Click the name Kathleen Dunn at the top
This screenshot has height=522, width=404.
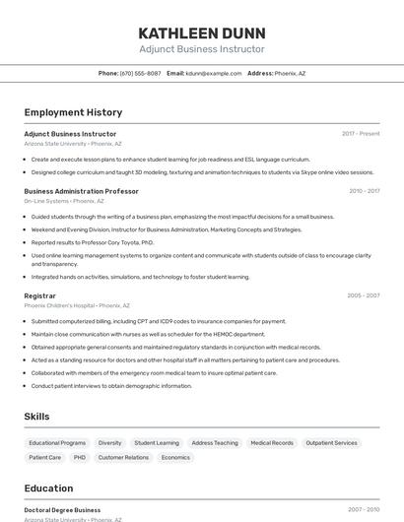coord(201,32)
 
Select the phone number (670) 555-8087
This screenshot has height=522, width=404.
coord(141,73)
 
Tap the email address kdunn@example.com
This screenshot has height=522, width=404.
coord(213,73)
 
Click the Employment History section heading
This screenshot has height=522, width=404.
coord(73,113)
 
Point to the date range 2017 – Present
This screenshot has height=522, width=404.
coord(361,133)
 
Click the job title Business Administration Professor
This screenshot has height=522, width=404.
coord(81,191)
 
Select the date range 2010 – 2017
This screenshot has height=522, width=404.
coord(364,191)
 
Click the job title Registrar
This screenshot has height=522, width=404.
coord(39,295)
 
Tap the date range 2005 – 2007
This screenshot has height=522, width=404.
coord(363,295)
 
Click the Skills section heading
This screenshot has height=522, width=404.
coord(36,417)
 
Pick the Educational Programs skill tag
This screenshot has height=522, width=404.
coord(57,443)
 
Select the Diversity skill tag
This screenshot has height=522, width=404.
coord(109,443)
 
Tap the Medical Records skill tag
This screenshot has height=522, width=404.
coord(271,443)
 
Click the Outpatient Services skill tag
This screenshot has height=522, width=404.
coord(331,443)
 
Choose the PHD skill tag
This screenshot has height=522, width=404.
coord(80,458)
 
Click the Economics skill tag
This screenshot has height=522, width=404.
coord(175,458)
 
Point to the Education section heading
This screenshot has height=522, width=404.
coord(48,489)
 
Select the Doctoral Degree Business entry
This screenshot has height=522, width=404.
coord(62,510)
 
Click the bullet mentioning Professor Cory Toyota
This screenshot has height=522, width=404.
coord(93,242)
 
